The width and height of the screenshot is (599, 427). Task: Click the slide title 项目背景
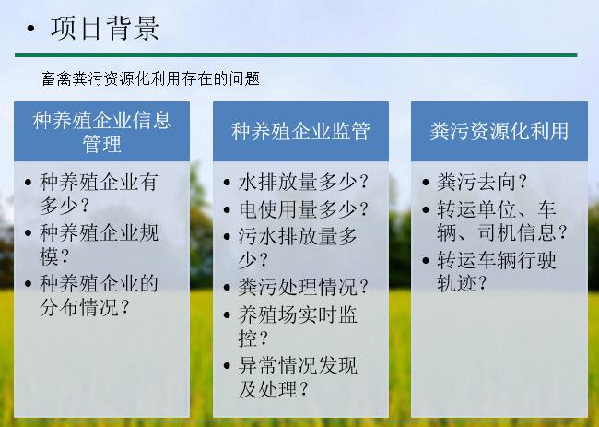pyautogui.click(x=105, y=29)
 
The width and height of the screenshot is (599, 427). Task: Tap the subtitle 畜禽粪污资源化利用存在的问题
pyautogui.click(x=151, y=78)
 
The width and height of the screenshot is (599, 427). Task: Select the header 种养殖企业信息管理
pyautogui.click(x=101, y=132)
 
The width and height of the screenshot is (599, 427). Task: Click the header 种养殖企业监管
pyautogui.click(x=300, y=131)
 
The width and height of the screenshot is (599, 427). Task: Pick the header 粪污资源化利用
pyautogui.click(x=499, y=131)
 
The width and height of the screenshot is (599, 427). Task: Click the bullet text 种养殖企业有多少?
pyautogui.click(x=99, y=194)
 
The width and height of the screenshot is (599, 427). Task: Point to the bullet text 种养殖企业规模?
pyautogui.click(x=99, y=244)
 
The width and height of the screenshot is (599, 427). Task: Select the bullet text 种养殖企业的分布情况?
pyautogui.click(x=99, y=295)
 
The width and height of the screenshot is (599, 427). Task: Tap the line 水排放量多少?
pyautogui.click(x=303, y=182)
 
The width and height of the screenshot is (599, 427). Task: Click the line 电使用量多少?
pyautogui.click(x=303, y=210)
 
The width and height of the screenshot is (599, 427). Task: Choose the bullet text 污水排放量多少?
pyautogui.click(x=298, y=248)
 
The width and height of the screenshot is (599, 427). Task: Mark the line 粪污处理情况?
pyautogui.click(x=303, y=287)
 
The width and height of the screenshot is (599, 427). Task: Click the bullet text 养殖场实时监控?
pyautogui.click(x=298, y=326)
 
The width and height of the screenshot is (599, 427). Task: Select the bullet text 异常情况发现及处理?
pyautogui.click(x=298, y=378)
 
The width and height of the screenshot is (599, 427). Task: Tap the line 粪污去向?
pyautogui.click(x=482, y=182)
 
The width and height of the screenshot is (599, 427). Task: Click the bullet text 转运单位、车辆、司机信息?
pyautogui.click(x=502, y=221)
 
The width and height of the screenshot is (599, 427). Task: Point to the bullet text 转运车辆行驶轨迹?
pyautogui.click(x=496, y=272)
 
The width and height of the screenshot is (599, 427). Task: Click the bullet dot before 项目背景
pyautogui.click(x=31, y=29)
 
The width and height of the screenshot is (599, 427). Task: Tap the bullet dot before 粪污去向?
pyautogui.click(x=426, y=182)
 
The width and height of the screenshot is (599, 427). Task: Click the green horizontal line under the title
pyautogui.click(x=296, y=55)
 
